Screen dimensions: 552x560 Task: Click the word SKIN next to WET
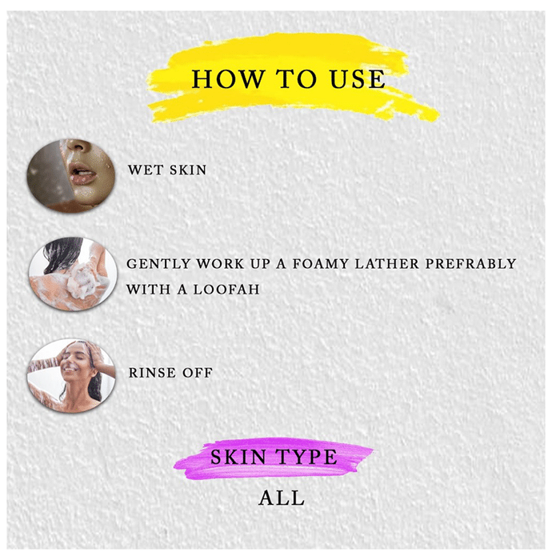188,170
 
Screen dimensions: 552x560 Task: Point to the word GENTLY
158,264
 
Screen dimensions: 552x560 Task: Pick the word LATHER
386,264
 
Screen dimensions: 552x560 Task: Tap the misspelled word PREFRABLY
470,264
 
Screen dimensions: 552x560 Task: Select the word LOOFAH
226,290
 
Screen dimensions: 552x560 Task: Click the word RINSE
153,373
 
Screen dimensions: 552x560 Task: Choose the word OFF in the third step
198,373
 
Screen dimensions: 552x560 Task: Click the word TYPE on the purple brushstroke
306,457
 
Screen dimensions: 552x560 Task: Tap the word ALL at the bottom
282,498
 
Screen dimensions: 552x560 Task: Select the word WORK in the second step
221,264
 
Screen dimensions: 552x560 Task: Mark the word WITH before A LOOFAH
149,290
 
